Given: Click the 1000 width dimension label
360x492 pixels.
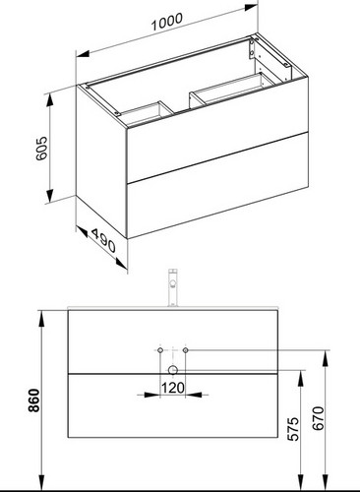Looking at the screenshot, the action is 167,22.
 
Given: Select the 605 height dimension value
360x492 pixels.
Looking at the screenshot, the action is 41,149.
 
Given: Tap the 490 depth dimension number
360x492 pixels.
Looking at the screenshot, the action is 103,241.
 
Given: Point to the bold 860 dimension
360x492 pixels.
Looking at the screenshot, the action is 33,400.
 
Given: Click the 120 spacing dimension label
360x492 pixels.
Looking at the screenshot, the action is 173,388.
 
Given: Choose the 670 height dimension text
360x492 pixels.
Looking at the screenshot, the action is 318,418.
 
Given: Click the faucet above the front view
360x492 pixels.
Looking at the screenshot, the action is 172,287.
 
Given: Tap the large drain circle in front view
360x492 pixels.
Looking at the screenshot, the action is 173,370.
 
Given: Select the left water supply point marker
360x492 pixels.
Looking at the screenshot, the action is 160,350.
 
